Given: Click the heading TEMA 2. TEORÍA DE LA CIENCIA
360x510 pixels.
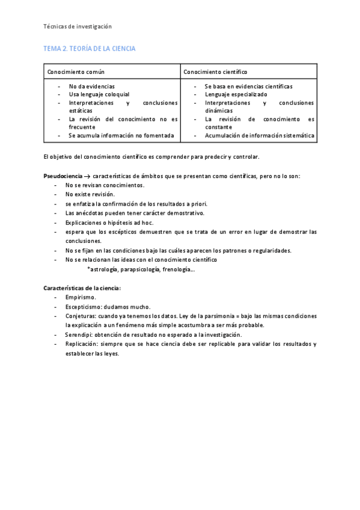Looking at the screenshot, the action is (x=90, y=48).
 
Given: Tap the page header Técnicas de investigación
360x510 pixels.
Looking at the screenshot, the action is (x=78, y=26).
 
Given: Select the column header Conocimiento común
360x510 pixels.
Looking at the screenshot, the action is (x=76, y=72).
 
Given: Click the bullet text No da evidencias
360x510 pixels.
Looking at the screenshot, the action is (x=91, y=87).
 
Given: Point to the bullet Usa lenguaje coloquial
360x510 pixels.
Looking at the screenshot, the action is (x=99, y=94).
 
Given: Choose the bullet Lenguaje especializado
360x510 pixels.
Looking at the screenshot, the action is (x=236, y=94).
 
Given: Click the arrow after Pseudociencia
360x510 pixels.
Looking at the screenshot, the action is (x=88, y=176).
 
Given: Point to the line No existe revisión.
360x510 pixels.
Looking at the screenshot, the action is (x=90, y=194).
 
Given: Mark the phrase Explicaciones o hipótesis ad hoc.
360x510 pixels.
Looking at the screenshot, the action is (x=109, y=222).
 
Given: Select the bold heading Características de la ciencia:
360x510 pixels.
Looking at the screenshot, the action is (x=82, y=287).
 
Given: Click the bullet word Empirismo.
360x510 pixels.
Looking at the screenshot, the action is (x=81, y=297).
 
